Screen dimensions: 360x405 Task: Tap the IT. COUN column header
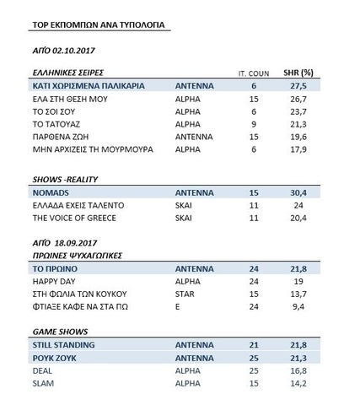252,74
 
